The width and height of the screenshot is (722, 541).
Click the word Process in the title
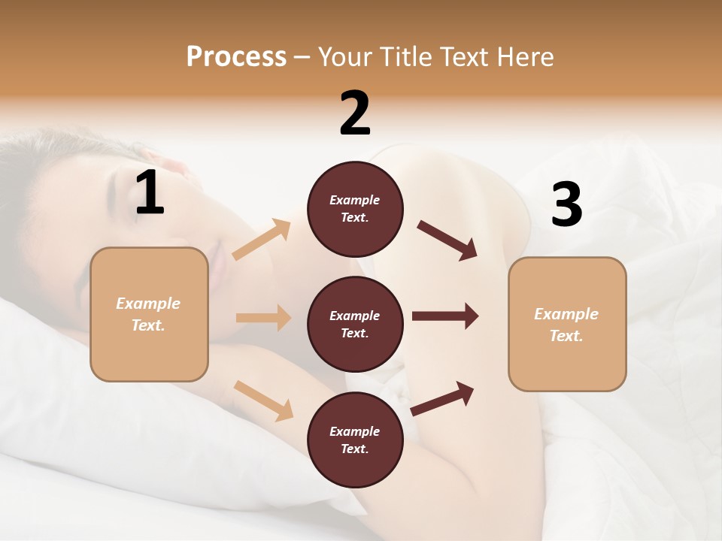[x=236, y=57]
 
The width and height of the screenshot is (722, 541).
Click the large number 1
[x=150, y=193]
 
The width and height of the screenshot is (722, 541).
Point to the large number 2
[x=355, y=113]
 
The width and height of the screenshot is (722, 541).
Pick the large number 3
[x=566, y=205]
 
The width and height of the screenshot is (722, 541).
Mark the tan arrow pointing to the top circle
[x=262, y=240]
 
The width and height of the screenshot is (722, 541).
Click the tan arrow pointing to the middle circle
[x=263, y=318]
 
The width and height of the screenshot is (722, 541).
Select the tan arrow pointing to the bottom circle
[x=263, y=400]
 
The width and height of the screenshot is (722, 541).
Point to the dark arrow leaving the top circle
[x=447, y=240]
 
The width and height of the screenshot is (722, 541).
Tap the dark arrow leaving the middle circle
[x=445, y=316]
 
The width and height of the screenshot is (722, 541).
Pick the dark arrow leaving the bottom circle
[x=442, y=399]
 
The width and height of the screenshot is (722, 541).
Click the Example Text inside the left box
[x=148, y=314]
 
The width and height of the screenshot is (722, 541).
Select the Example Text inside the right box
[x=566, y=325]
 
